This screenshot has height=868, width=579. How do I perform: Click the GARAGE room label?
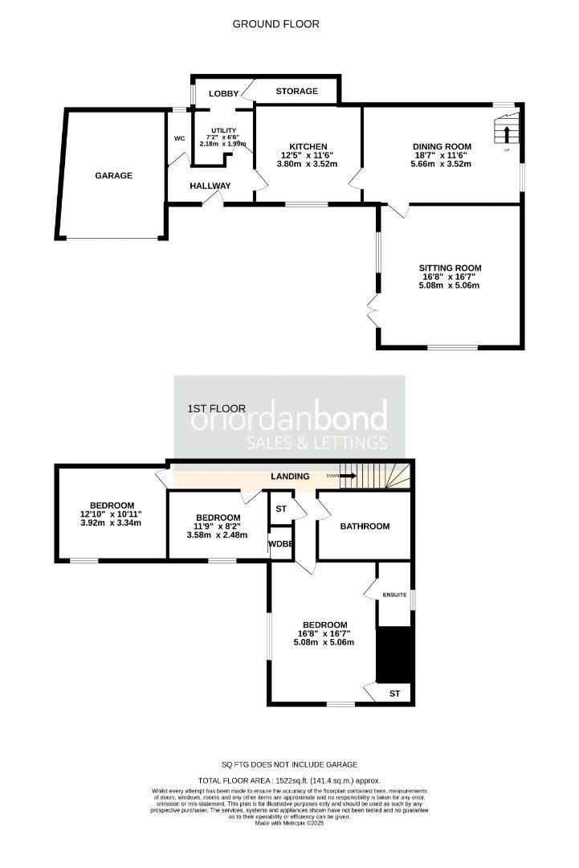(x=113, y=175)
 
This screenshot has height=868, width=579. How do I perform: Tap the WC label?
(x=179, y=137)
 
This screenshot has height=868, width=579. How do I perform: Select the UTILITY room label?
(x=223, y=130)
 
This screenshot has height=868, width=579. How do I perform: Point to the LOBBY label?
(x=224, y=93)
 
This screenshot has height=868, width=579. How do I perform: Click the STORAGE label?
(x=297, y=92)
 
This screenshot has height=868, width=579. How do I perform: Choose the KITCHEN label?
(x=308, y=146)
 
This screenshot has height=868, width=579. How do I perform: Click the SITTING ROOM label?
(x=450, y=268)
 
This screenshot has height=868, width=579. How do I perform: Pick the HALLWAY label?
(x=210, y=186)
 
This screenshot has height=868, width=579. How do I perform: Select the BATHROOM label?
(x=365, y=526)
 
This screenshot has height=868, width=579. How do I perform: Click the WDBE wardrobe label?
(x=280, y=544)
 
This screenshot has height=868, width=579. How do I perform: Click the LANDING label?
(x=290, y=477)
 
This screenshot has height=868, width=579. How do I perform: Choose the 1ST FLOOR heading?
(x=217, y=408)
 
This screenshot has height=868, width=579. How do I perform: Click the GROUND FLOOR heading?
(x=276, y=24)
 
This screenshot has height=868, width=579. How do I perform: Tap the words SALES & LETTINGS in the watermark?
(x=316, y=443)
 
